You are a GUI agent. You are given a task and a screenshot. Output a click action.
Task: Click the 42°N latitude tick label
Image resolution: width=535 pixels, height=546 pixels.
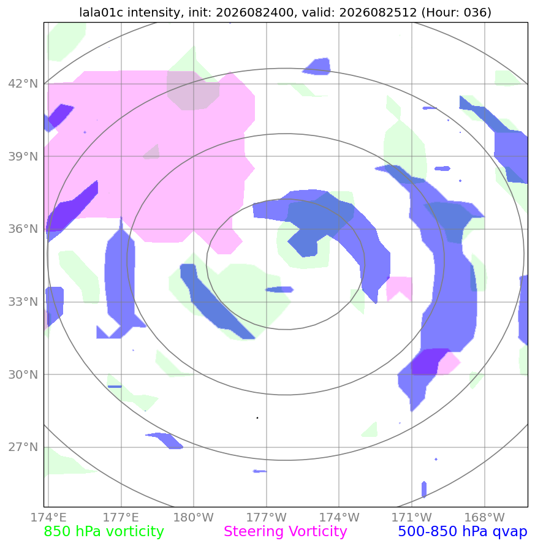(x=23, y=84)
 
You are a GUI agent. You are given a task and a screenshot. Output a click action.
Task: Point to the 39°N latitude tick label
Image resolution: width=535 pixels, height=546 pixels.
(x=23, y=157)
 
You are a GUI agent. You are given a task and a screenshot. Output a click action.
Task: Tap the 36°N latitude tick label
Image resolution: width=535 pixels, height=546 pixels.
(x=23, y=229)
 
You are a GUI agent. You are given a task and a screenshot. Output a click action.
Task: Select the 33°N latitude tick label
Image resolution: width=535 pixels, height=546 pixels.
(x=23, y=302)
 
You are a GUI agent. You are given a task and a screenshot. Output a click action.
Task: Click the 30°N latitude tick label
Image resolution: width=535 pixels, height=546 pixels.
(x=23, y=374)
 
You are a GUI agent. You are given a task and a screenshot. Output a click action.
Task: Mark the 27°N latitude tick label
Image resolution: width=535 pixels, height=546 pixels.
(x=23, y=447)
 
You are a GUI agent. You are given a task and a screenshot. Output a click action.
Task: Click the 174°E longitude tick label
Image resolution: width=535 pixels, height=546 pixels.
(x=48, y=517)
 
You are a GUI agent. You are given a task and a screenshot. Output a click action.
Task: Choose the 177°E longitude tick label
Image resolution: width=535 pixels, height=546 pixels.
(x=121, y=517)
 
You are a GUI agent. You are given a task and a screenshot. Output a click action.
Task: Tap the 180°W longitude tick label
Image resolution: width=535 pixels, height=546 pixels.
(x=193, y=517)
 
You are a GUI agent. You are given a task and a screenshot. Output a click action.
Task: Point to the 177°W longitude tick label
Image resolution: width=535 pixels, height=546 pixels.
(x=267, y=517)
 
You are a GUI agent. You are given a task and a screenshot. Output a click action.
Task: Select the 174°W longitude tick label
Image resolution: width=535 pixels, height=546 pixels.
(x=339, y=517)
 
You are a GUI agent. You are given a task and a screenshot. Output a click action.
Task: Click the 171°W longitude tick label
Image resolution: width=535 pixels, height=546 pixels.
(x=412, y=517)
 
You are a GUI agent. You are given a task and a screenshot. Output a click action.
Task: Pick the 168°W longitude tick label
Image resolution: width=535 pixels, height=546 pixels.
(x=485, y=517)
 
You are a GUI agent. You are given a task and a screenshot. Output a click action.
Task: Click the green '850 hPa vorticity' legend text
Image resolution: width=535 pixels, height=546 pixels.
(x=104, y=532)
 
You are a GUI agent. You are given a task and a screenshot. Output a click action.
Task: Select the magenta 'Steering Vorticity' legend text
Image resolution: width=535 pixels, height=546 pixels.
(x=285, y=532)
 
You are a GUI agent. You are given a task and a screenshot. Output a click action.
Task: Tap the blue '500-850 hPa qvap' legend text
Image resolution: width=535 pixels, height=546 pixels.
(x=463, y=532)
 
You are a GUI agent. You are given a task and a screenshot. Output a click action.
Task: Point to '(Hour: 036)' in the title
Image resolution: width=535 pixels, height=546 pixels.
(x=457, y=12)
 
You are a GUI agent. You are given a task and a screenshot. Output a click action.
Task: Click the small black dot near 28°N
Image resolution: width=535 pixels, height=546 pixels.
(x=257, y=418)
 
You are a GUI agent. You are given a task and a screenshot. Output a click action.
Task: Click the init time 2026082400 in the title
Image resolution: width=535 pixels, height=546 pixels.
(x=254, y=12)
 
